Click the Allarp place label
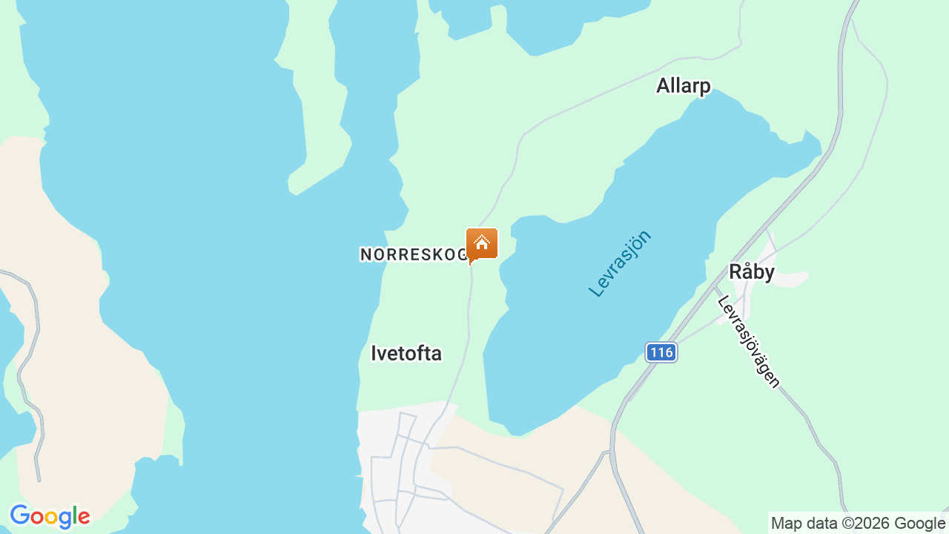pos(683,86)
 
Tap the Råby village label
pos(751,272)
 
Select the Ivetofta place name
pos(406,354)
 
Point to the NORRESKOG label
pos(414,254)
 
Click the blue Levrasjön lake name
pos(620,263)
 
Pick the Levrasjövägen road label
pos(749,341)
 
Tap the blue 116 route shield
pos(660,352)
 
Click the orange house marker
pos(481,244)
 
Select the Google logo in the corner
pos(50,516)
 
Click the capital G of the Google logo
pos(19,515)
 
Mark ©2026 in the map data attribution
pos(864,523)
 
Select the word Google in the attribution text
pos(919,523)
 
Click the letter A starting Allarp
pos(663,86)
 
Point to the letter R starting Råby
pos(735,272)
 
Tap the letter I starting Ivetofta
pos(373,354)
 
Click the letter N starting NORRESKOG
pos(365,254)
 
